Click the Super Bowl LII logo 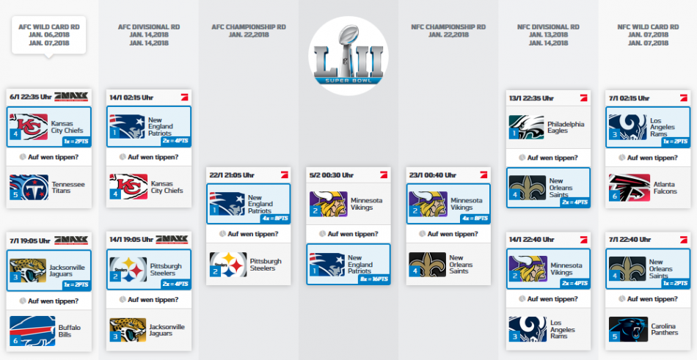click(x=348, y=56)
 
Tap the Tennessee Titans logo click(x=29, y=187)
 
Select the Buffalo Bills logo click(x=32, y=331)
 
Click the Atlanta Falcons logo click(x=629, y=188)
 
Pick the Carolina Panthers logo click(x=629, y=329)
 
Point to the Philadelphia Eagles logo click(x=526, y=127)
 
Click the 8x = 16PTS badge click(x=374, y=279)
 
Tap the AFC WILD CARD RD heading click(x=49, y=27)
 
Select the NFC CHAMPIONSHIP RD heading click(x=448, y=27)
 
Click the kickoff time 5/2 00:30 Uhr click(x=332, y=175)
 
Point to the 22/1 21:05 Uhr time click(x=232, y=175)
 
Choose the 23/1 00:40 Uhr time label click(x=433, y=175)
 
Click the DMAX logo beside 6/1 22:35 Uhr click(x=71, y=97)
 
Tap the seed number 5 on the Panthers click(x=615, y=337)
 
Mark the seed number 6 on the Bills click(x=15, y=340)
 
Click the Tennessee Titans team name click(x=68, y=187)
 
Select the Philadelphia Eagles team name click(x=566, y=127)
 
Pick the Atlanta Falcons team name click(x=665, y=188)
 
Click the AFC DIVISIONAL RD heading click(x=149, y=27)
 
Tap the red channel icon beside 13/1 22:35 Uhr click(x=584, y=98)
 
